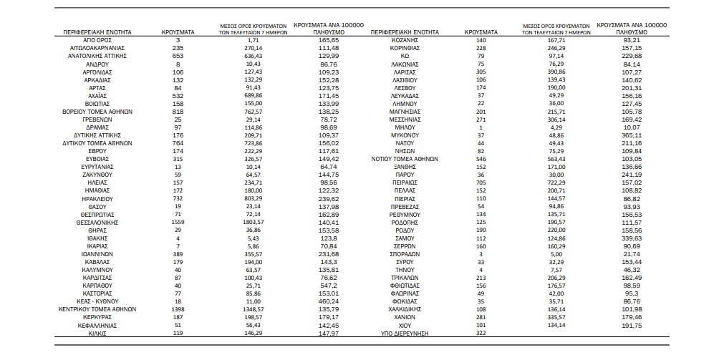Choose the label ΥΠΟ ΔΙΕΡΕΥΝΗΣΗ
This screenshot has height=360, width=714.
(x=404, y=332)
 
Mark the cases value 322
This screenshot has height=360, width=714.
(x=481, y=332)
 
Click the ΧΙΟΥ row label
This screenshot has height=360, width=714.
(x=404, y=324)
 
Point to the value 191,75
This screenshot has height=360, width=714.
(x=631, y=324)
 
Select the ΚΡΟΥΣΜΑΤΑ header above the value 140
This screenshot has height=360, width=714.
(x=481, y=33)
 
